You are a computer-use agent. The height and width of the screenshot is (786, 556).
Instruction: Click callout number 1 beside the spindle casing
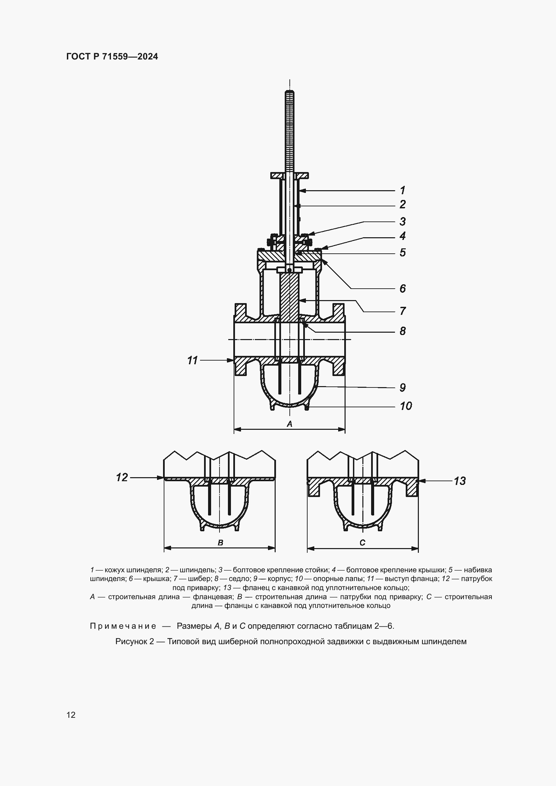pos(403,190)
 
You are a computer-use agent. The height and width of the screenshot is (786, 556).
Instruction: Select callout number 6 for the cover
pos(403,288)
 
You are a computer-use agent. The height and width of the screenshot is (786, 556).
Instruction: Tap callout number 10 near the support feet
pos(406,406)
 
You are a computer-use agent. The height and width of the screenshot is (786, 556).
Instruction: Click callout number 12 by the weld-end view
pos(122,477)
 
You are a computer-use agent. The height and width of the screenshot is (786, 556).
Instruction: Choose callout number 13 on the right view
pos(460,481)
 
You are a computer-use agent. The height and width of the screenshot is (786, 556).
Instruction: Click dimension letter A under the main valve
pos(289,424)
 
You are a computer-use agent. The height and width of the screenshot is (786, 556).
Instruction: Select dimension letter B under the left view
pos(220,543)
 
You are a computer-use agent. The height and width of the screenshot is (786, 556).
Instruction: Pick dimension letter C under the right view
pos(363,543)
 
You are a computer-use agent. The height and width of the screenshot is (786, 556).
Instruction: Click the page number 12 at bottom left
pos(71,715)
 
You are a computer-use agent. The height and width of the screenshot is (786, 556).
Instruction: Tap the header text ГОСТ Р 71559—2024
pos(112,56)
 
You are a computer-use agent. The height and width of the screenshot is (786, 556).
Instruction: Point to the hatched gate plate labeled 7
pos(290,294)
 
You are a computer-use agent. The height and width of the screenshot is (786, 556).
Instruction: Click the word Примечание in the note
pos(123,626)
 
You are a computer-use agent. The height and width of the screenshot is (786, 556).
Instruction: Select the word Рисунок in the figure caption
pos(131,642)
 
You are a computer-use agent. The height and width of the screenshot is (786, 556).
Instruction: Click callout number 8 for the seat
pos(403,331)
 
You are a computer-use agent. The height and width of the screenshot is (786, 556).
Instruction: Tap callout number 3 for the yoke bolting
pos(403,221)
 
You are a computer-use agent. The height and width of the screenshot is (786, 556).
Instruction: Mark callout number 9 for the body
pos(403,387)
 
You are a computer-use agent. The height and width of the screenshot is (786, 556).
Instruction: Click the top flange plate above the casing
pos(290,176)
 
